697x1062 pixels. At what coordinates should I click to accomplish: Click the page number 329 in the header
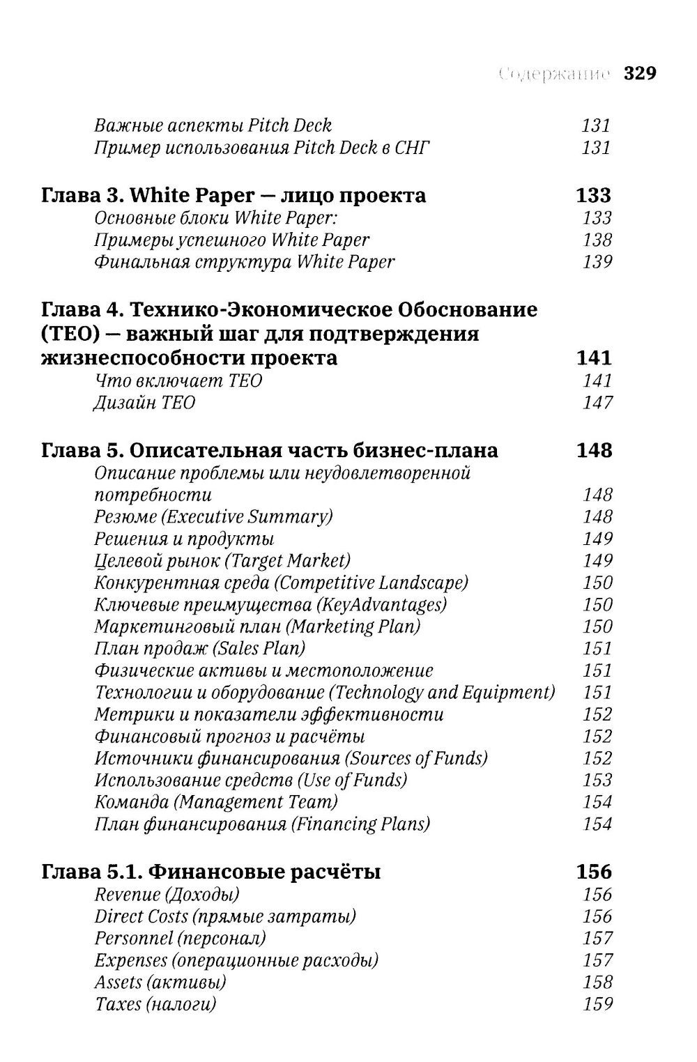click(640, 74)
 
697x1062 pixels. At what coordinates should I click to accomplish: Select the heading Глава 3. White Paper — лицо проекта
click(233, 195)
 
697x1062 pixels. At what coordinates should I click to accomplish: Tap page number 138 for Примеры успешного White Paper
click(597, 240)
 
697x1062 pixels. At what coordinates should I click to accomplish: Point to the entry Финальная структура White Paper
click(244, 262)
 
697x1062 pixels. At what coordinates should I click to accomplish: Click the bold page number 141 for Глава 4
click(594, 358)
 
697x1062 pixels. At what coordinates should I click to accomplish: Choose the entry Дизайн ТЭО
click(144, 403)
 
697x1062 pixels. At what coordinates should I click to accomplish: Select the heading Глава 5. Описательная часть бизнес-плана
click(270, 450)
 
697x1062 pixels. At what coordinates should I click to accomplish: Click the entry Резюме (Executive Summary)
click(213, 517)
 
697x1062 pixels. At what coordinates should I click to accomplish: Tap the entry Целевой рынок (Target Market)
click(222, 561)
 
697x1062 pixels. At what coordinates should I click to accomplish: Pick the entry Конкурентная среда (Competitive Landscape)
click(281, 583)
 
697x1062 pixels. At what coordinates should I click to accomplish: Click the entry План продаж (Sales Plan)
click(199, 649)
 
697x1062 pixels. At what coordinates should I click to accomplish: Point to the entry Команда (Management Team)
click(216, 802)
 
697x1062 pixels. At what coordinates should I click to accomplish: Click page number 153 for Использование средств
click(597, 780)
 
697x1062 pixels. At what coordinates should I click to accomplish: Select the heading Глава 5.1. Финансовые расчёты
click(211, 872)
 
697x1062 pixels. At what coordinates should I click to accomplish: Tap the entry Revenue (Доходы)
click(167, 895)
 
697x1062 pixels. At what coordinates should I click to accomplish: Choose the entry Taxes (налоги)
click(155, 1004)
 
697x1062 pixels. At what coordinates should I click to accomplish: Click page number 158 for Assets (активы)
click(597, 983)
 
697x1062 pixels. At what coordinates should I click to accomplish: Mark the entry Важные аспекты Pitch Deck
click(213, 125)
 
